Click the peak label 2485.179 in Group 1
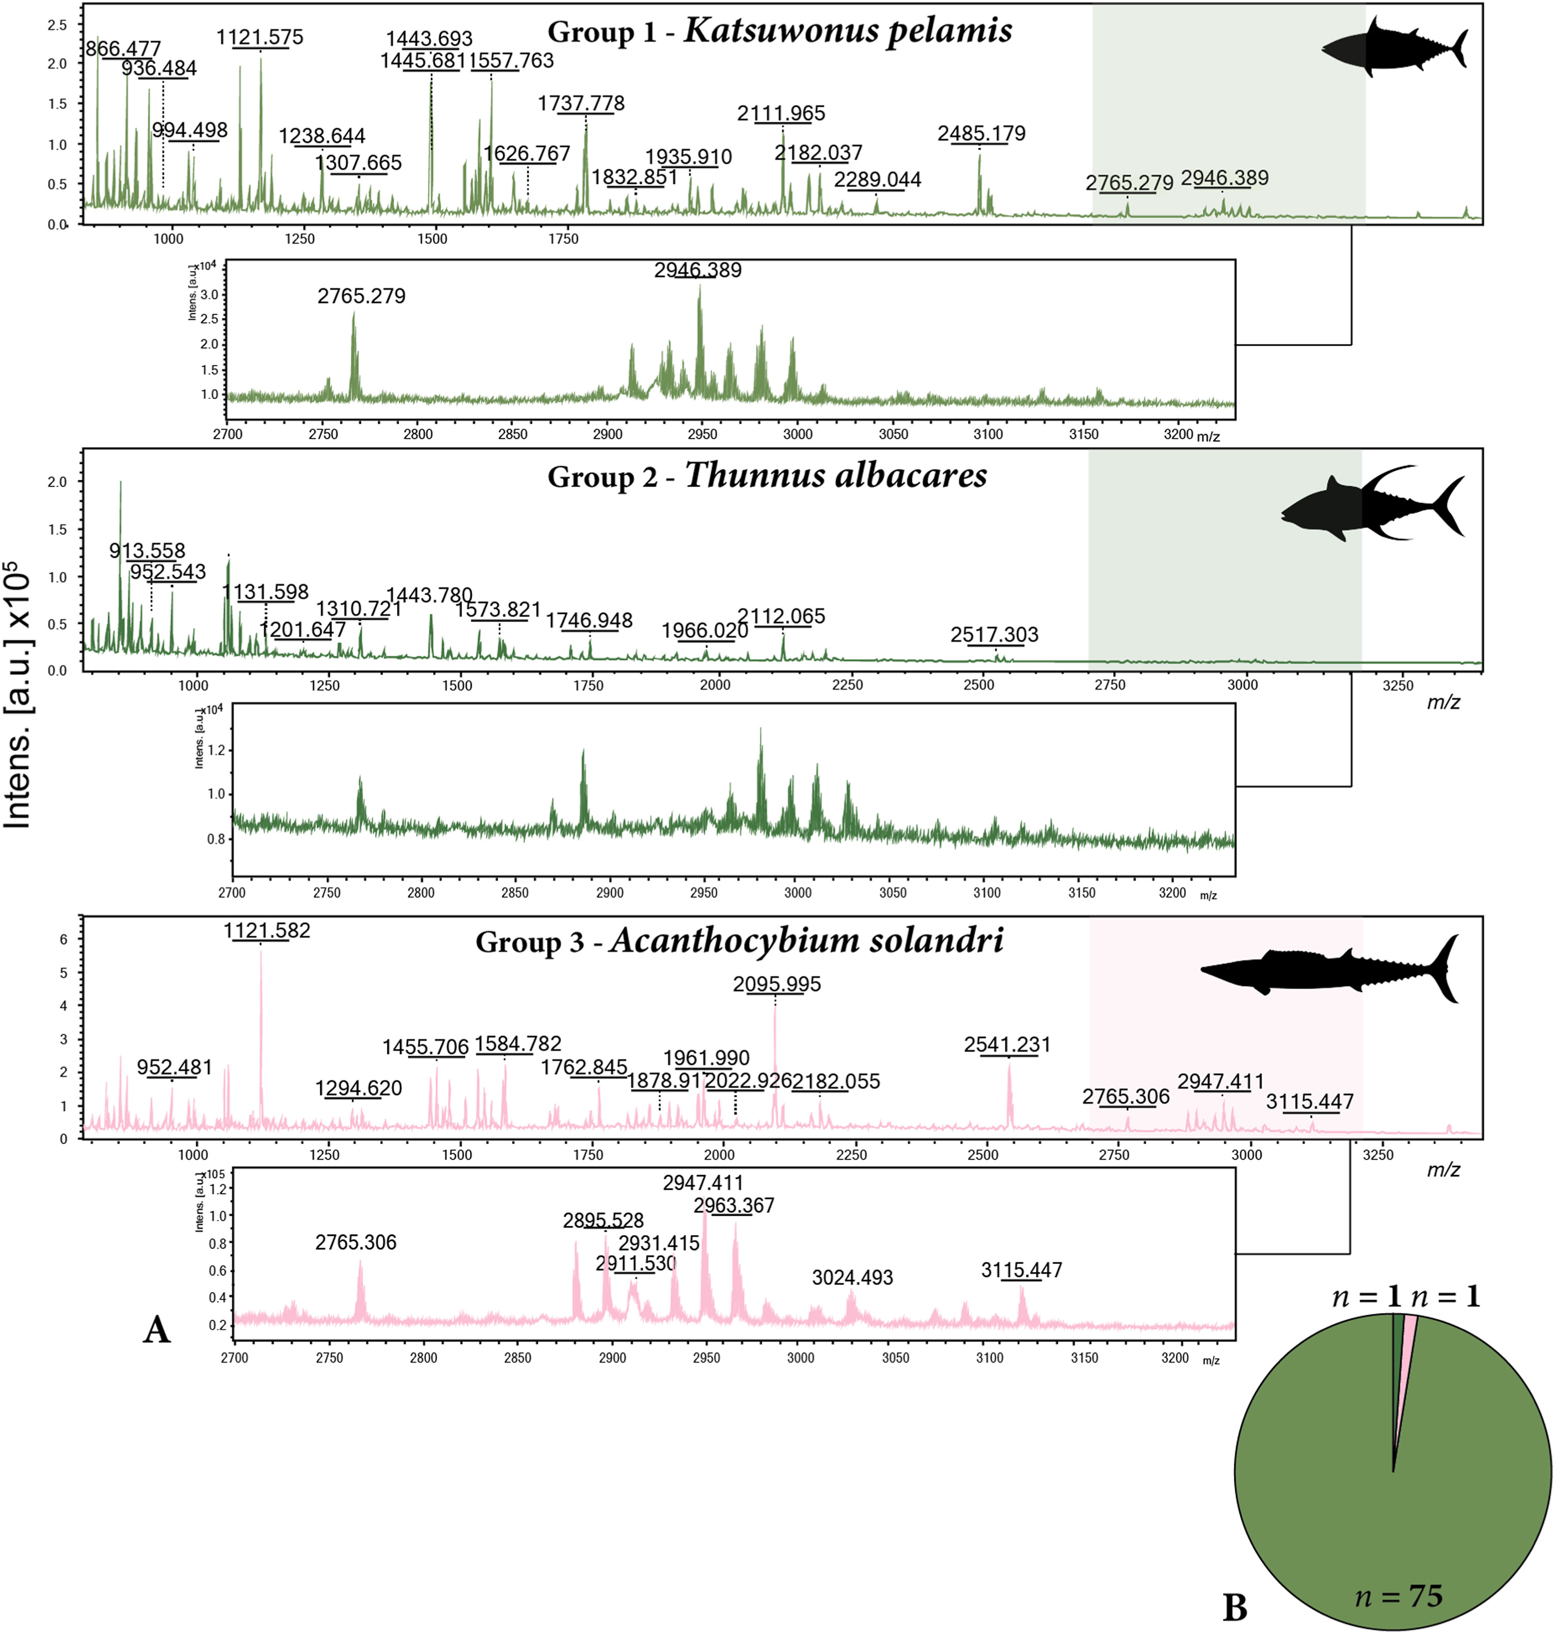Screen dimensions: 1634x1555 pyautogui.click(x=982, y=133)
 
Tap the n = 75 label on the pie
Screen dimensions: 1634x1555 pyautogui.click(x=1398, y=1595)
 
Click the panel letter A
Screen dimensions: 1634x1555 pyautogui.click(x=157, y=1330)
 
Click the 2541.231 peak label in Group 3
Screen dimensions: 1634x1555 pyautogui.click(x=1007, y=1045)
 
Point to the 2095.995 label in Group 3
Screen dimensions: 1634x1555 pyautogui.click(x=777, y=984)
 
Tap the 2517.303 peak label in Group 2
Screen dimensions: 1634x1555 pyautogui.click(x=994, y=635)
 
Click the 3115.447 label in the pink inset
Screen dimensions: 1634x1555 pyautogui.click(x=1021, y=1270)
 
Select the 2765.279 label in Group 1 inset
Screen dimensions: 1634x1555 pyautogui.click(x=361, y=296)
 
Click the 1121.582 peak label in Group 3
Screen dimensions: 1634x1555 pyautogui.click(x=267, y=931)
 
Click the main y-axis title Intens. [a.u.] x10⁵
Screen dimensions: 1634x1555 pyautogui.click(x=18, y=696)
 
